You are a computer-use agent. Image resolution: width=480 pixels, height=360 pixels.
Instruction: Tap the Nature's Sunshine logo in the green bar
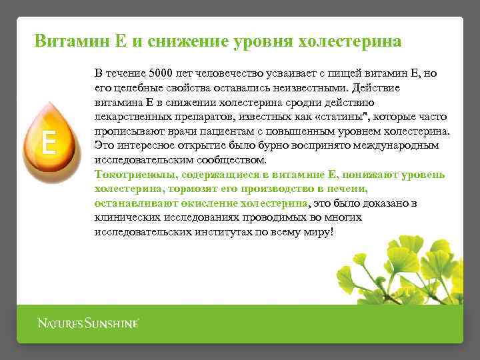click(87, 324)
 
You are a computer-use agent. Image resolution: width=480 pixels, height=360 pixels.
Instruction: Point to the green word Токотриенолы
click(135, 175)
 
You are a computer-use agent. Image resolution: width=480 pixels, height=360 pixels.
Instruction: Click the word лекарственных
click(134, 117)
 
